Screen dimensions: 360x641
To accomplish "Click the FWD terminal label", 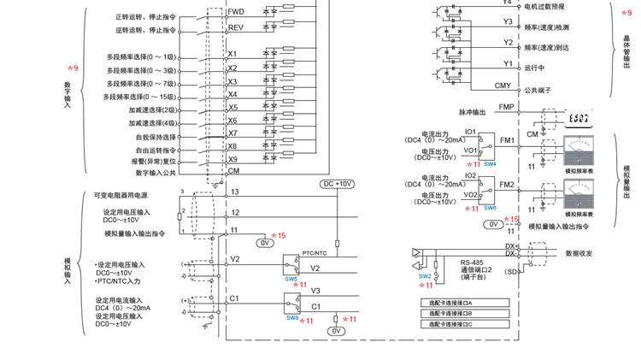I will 236,12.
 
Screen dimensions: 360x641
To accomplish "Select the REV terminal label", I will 236,27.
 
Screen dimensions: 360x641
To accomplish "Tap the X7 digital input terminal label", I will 232,133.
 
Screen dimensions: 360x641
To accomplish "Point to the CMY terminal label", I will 503,86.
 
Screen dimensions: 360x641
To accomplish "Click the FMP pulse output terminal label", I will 507,107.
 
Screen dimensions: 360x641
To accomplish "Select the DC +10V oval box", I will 338,183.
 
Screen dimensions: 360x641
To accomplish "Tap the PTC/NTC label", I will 315,254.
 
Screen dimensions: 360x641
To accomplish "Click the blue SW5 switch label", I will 291,279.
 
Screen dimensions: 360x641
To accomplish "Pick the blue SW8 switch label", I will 291,317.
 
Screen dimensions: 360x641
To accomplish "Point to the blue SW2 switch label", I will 424,276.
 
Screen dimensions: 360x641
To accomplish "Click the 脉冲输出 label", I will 472,111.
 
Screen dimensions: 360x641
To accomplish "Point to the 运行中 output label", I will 535,67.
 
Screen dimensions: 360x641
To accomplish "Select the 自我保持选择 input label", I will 155,137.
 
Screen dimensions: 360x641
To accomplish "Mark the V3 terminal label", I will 315,290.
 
